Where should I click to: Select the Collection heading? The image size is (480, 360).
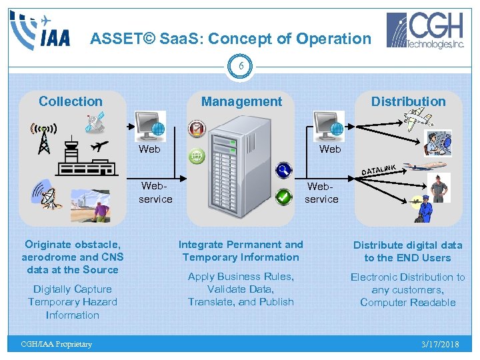pyautogui.click(x=71, y=101)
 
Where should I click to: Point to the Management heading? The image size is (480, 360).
pyautogui.click(x=241, y=101)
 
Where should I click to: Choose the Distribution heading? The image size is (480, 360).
pyautogui.click(x=408, y=101)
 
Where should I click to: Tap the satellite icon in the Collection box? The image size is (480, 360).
pyautogui.click(x=95, y=123)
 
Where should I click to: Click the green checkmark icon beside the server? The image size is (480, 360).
pyautogui.click(x=284, y=197)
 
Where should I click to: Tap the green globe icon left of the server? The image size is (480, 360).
pyautogui.click(x=197, y=157)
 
